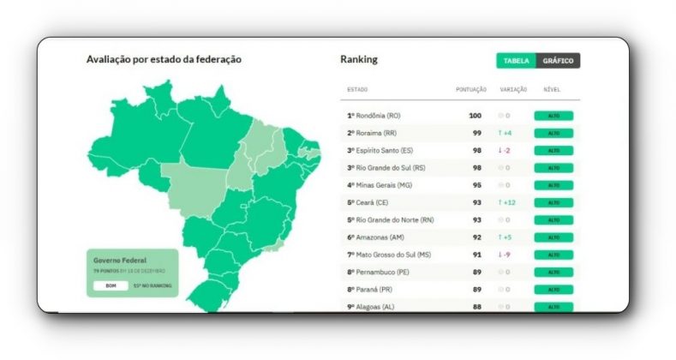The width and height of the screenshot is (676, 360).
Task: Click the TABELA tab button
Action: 516,61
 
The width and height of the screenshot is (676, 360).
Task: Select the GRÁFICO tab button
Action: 558,61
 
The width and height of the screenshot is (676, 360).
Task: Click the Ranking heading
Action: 359,60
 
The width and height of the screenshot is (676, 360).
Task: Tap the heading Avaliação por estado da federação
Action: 164,60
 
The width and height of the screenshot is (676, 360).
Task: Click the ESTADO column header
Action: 357,89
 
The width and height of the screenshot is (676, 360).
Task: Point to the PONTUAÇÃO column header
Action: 471,89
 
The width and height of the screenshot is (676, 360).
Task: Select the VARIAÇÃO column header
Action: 512,89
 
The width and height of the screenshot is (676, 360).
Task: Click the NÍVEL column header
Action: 552,89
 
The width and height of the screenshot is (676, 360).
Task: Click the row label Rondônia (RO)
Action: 374,116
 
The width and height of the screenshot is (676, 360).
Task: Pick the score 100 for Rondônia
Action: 475,116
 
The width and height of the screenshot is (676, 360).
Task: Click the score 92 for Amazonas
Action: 476,237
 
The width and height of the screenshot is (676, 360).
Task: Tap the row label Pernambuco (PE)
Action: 380,272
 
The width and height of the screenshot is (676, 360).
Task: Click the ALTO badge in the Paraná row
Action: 553,290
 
